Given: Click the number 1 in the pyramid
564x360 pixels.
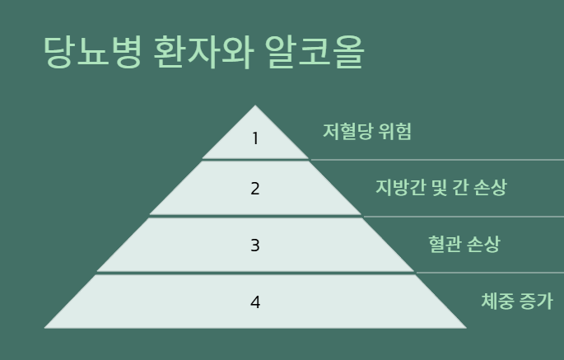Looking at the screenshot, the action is (x=255, y=138).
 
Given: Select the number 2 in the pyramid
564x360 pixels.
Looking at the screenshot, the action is (x=255, y=189).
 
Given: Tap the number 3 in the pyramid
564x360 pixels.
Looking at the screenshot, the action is (x=255, y=245).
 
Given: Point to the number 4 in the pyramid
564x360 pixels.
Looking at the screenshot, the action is (x=255, y=302).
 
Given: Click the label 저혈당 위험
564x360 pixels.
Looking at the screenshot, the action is (x=367, y=132).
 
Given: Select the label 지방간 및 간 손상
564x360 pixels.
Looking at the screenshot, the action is (x=440, y=188).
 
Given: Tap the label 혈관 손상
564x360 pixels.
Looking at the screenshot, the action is (x=464, y=244).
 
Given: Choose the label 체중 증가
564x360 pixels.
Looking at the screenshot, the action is (x=517, y=301).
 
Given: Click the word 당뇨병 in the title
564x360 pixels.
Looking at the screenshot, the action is (x=92, y=52).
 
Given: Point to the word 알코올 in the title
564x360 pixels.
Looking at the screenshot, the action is (x=315, y=52).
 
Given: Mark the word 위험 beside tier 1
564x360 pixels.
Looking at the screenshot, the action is (x=394, y=132).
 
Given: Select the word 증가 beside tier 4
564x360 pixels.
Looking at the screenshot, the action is (x=537, y=301).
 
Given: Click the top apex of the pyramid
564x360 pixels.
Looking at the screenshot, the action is (x=255, y=106).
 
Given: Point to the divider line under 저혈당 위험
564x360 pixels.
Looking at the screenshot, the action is (x=436, y=160).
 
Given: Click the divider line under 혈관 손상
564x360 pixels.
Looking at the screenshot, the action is (x=490, y=273).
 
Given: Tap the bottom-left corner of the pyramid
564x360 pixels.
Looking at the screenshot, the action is (x=46, y=327).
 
